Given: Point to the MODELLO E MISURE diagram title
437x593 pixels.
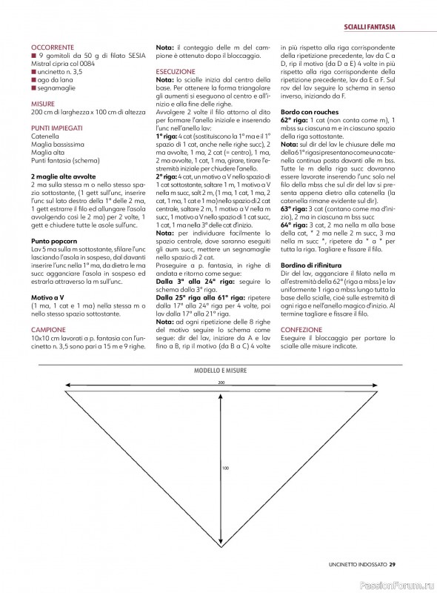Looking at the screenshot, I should coord(221,369).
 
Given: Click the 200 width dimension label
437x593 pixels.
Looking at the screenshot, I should coord(221,382).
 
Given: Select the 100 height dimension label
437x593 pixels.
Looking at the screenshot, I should coord(224,468).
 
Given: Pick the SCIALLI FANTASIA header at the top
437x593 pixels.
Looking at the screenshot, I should coord(368,27).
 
